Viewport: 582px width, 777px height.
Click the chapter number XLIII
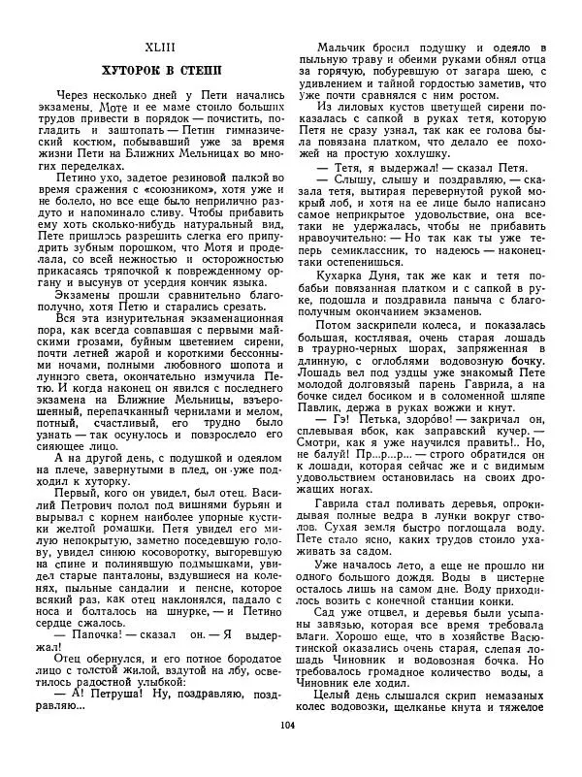point(162,47)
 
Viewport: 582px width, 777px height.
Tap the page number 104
point(287,753)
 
